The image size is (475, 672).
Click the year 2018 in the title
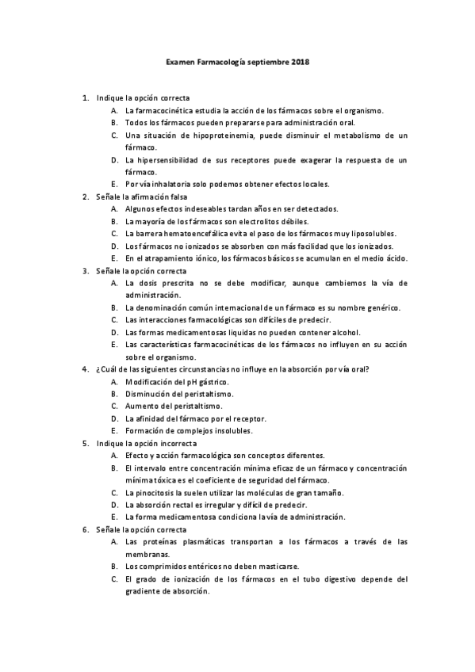point(301,61)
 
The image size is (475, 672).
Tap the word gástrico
point(208,381)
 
